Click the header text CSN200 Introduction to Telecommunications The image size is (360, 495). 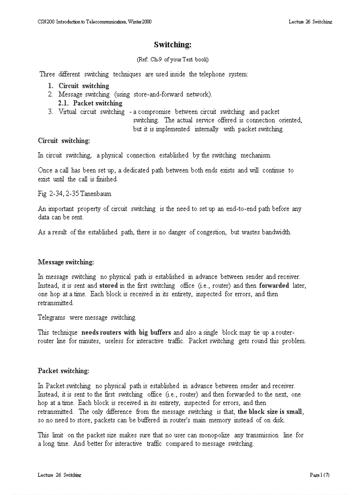pos(94,22)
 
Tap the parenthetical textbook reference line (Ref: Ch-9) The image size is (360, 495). pos(172,59)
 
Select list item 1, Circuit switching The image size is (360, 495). pos(84,86)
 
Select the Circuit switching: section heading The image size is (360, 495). pos(64,141)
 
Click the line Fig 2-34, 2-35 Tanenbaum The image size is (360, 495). pos(75,194)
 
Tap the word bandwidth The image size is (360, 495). pos(276,232)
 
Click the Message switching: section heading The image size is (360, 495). pos(66,262)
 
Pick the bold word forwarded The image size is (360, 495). pos(274,286)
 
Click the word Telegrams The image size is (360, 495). pos(52,317)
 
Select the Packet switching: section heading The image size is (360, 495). pos(64,371)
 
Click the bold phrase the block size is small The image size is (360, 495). pos(270,412)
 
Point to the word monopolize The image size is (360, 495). pos(214,435)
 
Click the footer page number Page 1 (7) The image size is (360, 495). pos(320,475)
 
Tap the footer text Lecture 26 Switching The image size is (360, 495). pos(60,475)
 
